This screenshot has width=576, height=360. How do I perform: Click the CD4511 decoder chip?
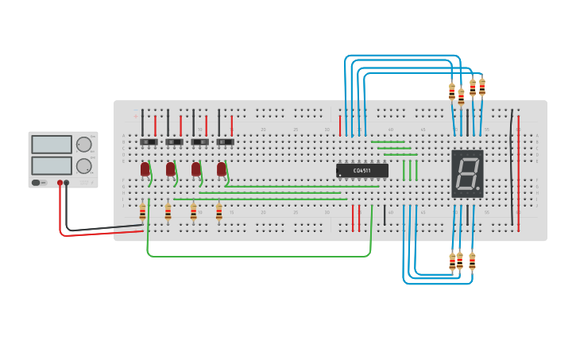point(362,170)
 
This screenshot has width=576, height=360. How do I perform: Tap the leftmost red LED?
point(145,169)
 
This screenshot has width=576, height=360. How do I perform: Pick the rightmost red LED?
point(222,169)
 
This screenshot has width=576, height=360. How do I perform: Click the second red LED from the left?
point(171,169)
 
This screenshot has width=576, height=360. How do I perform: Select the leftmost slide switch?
point(149,142)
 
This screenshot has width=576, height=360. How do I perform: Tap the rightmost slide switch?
point(225,142)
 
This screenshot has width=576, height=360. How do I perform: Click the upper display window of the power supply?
point(52,145)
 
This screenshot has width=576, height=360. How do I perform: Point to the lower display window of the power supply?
point(52,165)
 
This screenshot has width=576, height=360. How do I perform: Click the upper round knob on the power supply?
point(83,145)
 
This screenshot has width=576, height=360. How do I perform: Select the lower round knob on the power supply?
point(83,165)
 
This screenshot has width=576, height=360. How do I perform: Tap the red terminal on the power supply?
point(60,183)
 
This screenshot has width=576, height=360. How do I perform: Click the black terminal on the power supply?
point(67,183)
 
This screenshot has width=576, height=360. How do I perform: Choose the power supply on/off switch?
point(38,183)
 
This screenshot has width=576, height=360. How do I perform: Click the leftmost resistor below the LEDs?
point(142,211)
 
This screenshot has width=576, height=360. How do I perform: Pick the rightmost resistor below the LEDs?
point(219,212)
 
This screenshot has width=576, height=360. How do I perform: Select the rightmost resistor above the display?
point(481,87)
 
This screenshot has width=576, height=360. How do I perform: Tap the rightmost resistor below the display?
point(472,261)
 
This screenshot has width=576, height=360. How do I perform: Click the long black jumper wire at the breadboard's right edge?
point(512,167)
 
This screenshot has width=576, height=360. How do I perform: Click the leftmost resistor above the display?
point(452,92)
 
